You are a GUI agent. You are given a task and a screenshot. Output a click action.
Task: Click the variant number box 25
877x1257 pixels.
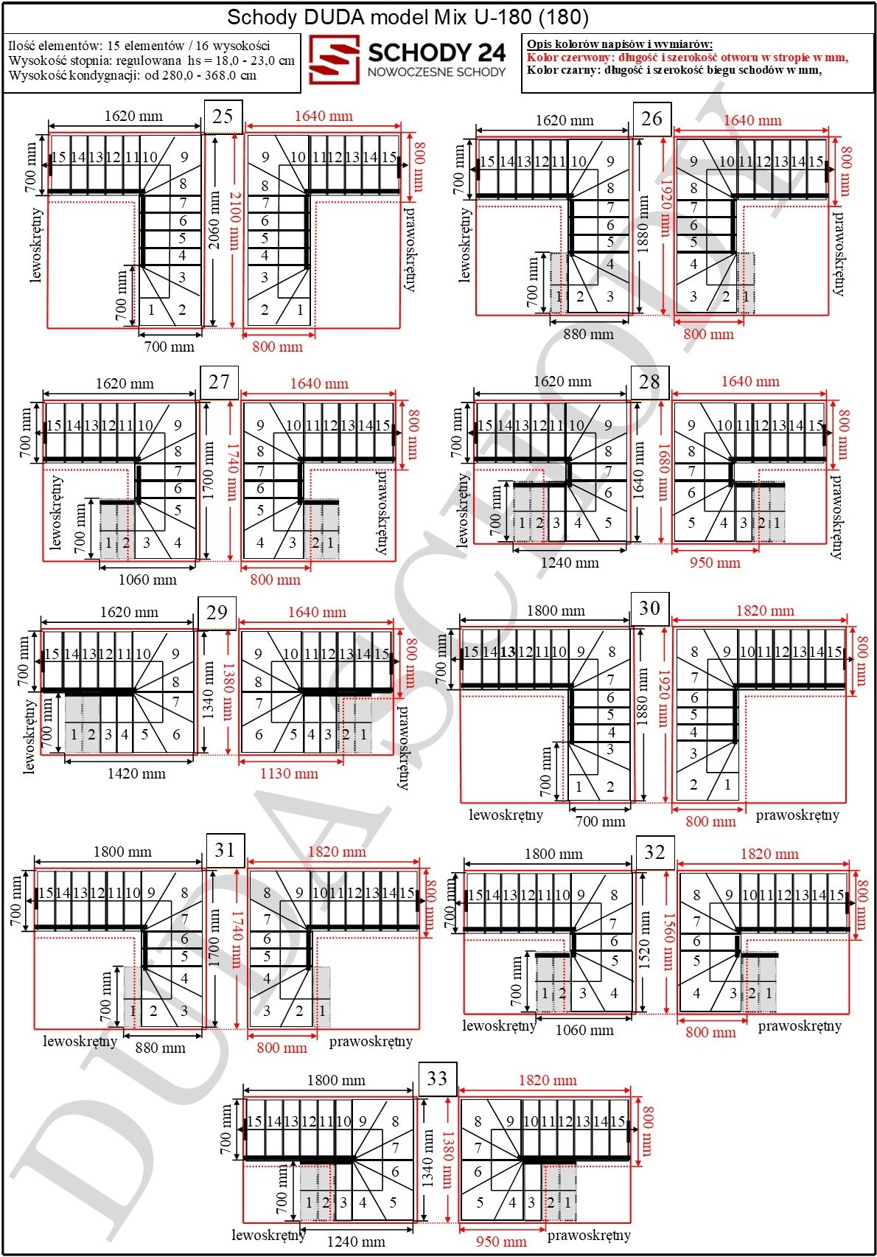(223, 116)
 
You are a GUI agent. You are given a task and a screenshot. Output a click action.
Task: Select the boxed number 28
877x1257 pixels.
(650, 382)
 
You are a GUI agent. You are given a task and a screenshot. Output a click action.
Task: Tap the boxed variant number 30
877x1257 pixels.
(650, 608)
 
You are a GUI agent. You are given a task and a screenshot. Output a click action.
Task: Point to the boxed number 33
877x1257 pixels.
(438, 1079)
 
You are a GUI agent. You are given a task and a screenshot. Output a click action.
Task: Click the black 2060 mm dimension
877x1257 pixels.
(214, 220)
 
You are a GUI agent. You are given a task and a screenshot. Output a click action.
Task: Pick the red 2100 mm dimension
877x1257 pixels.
(234, 220)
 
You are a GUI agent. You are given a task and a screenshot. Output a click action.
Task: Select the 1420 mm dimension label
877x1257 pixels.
(136, 774)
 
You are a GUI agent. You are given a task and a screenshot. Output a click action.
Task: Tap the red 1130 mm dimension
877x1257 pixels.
(289, 774)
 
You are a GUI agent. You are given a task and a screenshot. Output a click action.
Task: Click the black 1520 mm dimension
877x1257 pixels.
(645, 940)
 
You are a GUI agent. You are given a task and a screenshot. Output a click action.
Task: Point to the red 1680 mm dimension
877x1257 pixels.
(664, 472)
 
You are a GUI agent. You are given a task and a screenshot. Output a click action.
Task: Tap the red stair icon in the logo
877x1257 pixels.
(335, 60)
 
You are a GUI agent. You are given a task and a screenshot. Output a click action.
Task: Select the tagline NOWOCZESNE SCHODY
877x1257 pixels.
(436, 72)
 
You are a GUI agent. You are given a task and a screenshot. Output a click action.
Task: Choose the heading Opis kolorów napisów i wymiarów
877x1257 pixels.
(620, 44)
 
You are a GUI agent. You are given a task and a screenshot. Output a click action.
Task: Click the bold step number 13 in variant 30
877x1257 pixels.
(509, 652)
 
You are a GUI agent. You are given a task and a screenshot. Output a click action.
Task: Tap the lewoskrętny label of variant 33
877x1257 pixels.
(268, 1235)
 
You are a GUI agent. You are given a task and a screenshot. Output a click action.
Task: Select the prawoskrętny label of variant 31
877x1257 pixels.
(371, 1042)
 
